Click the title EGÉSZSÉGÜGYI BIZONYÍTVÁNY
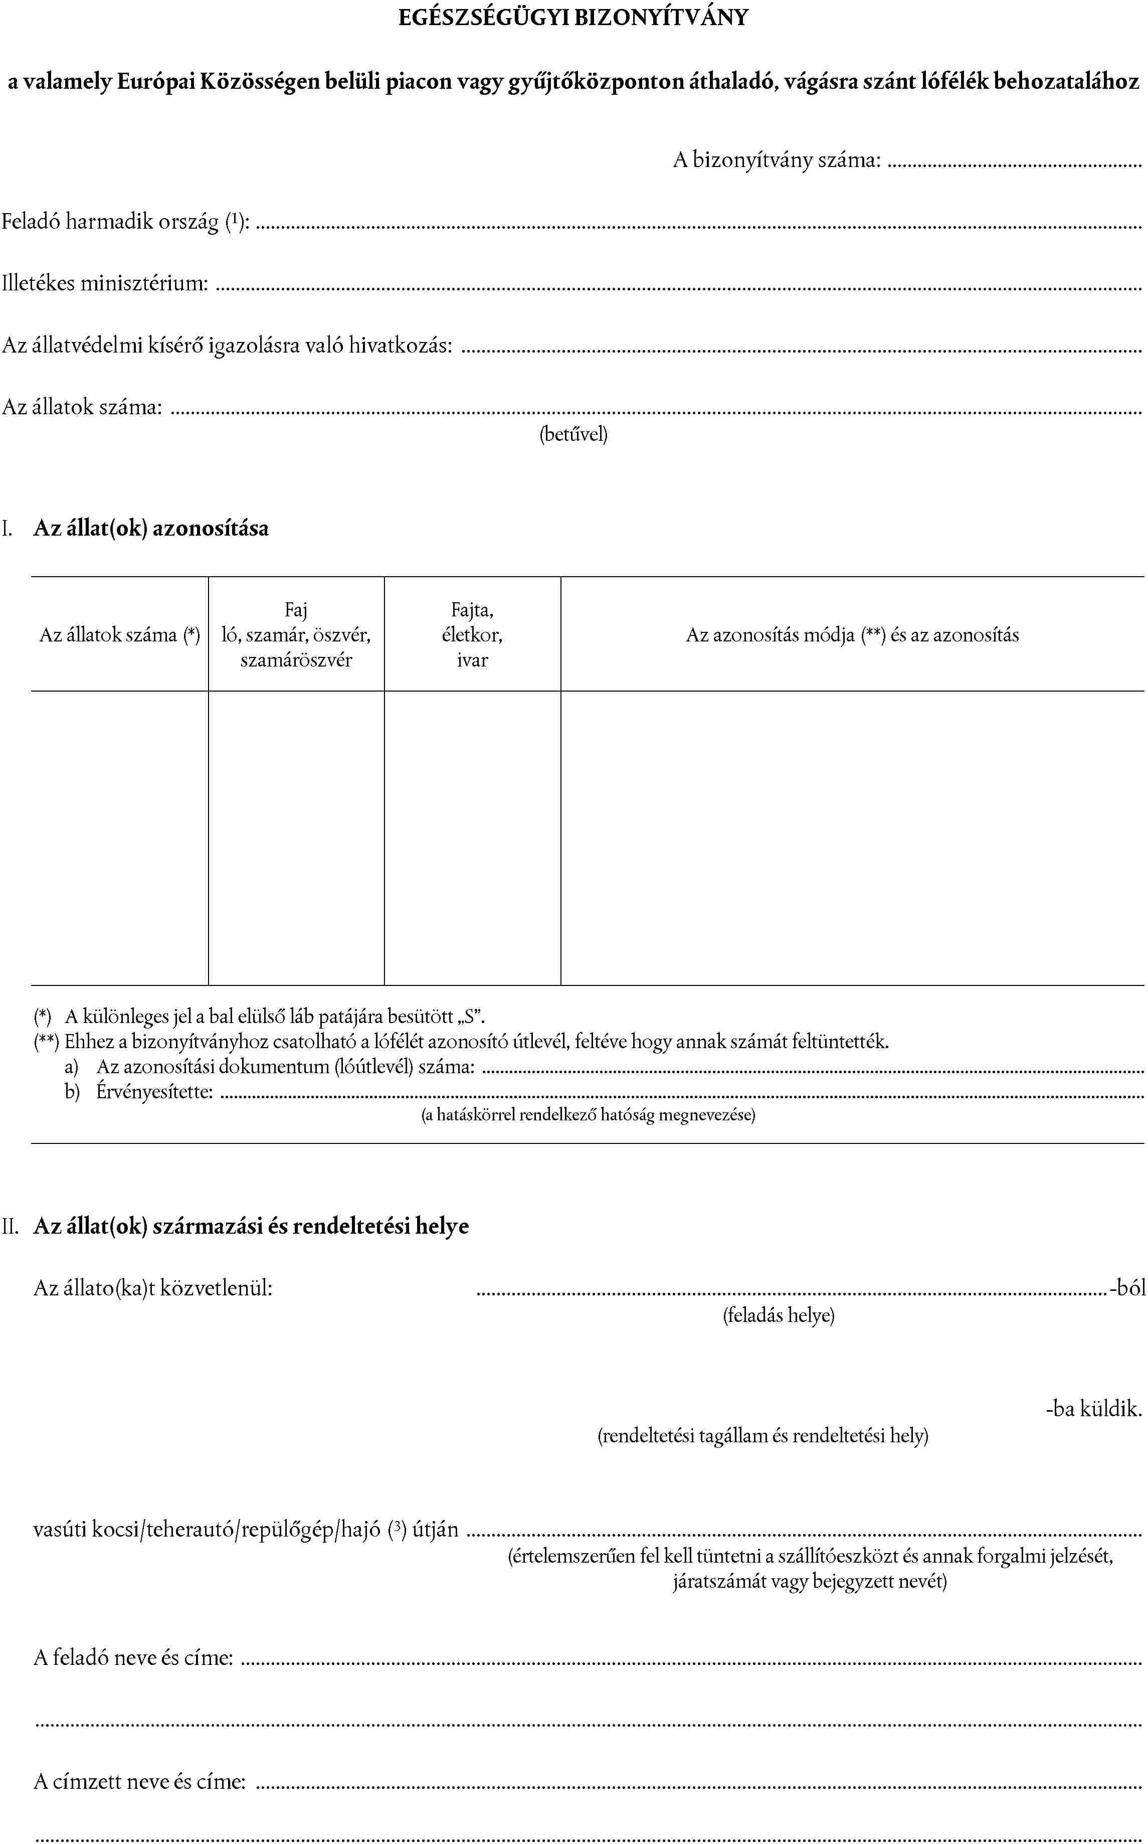point(573,18)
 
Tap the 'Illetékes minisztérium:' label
point(105,283)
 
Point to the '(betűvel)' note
point(573,434)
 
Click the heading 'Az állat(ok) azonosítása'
point(151,529)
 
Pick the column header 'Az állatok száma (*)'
point(120,635)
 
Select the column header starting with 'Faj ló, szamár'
point(296,635)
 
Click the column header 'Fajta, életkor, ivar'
point(472,635)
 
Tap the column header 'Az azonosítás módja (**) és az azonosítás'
point(852,635)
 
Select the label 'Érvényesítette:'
point(154,1092)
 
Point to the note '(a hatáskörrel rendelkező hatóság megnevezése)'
point(589,1115)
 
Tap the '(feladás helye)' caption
point(778,1315)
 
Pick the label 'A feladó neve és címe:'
point(133,1657)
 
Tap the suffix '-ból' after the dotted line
point(1127,1288)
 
